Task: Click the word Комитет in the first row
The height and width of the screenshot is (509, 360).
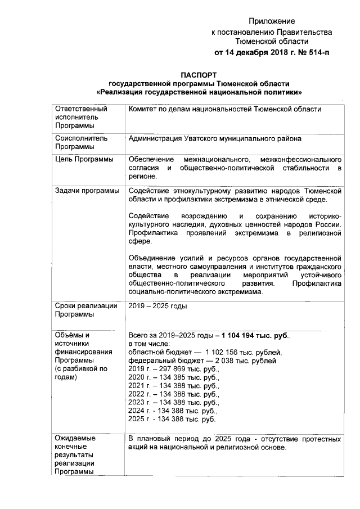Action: click(x=145, y=109)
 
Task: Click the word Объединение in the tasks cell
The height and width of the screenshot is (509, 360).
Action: click(x=154, y=258)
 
